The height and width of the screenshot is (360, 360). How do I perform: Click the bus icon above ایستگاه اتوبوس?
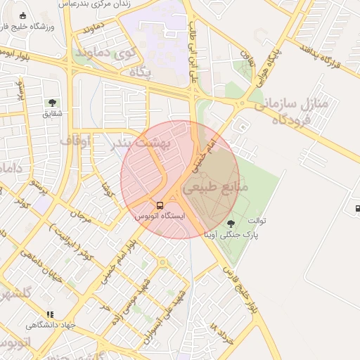pos(160,206)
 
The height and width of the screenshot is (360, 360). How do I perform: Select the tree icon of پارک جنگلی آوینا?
pos(231,224)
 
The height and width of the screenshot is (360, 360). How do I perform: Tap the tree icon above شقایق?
pos(52,103)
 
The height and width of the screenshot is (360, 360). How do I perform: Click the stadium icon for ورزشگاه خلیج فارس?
pos(23,16)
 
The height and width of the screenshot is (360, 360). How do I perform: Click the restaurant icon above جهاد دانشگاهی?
pos(49,314)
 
